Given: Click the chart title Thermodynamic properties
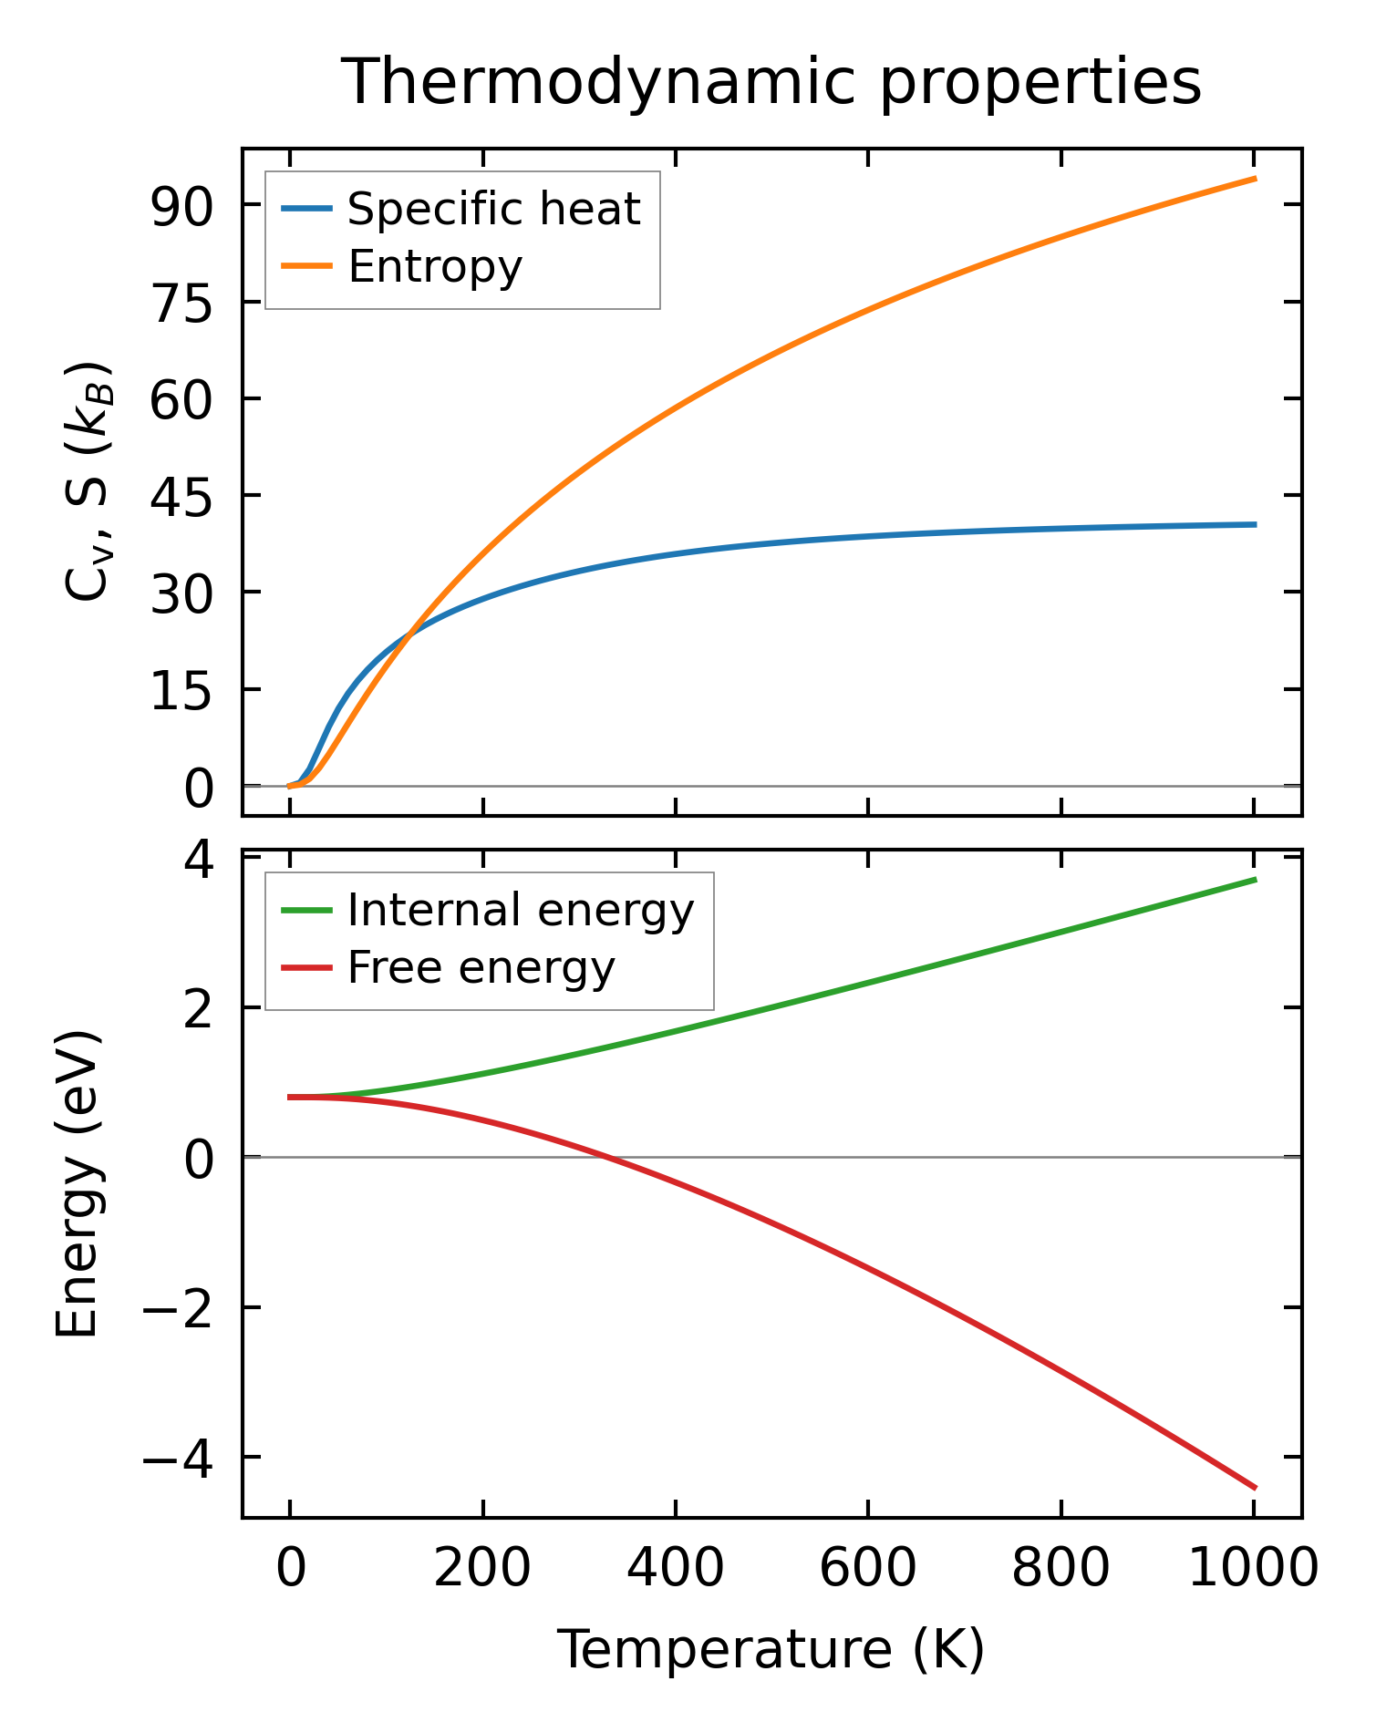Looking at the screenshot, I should (x=771, y=82).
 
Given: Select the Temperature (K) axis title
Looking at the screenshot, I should (x=771, y=1650).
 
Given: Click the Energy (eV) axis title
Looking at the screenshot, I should (x=77, y=1185).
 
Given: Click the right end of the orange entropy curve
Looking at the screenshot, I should (x=1256, y=179).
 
